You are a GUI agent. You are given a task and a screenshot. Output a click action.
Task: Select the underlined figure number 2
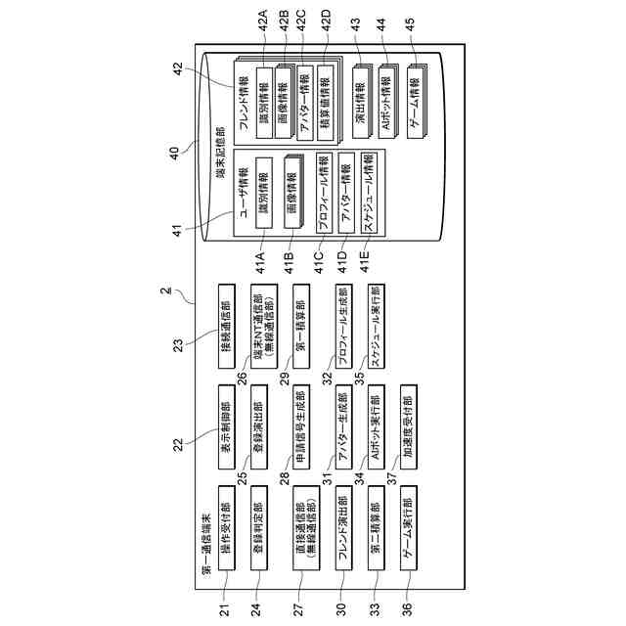click(164, 291)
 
